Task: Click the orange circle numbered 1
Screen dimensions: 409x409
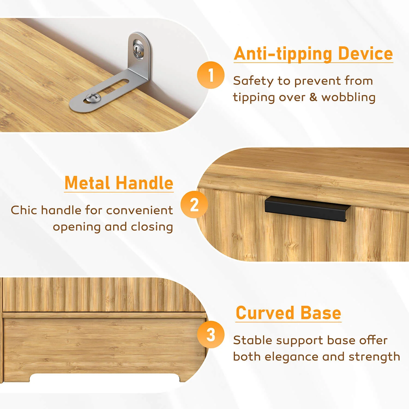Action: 211,75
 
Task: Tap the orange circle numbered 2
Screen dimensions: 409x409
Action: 194,204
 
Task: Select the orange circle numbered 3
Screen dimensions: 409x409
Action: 211,335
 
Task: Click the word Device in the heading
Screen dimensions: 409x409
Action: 365,53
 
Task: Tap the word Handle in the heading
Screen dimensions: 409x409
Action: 145,183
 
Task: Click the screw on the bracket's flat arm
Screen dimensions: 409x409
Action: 92,97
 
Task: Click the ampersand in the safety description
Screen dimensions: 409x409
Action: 313,97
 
